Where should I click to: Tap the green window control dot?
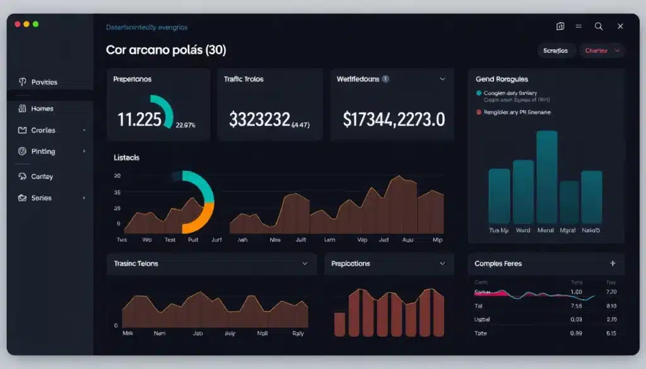click(x=36, y=24)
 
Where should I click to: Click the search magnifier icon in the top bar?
click(x=599, y=26)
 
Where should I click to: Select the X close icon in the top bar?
click(x=620, y=26)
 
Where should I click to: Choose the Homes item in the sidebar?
click(x=42, y=108)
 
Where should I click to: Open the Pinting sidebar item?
click(x=43, y=151)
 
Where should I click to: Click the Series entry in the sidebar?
click(x=42, y=198)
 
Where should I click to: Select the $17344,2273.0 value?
click(x=394, y=119)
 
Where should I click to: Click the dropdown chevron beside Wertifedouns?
click(x=442, y=79)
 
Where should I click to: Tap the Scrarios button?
click(x=556, y=50)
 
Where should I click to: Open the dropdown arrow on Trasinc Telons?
click(x=305, y=264)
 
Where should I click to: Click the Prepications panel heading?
click(x=351, y=264)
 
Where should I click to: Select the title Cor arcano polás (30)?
click(x=167, y=50)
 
